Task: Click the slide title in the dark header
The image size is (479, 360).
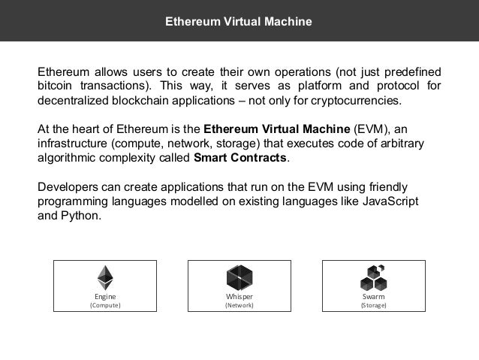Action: [239, 21]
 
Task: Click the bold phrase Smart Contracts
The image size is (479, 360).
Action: [240, 159]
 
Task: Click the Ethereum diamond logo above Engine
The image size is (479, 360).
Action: [105, 278]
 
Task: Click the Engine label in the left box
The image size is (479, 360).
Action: [105, 297]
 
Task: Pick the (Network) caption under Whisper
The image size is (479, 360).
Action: [239, 306]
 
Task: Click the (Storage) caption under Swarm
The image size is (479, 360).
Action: [373, 306]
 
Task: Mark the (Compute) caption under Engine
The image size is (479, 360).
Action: [105, 306]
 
